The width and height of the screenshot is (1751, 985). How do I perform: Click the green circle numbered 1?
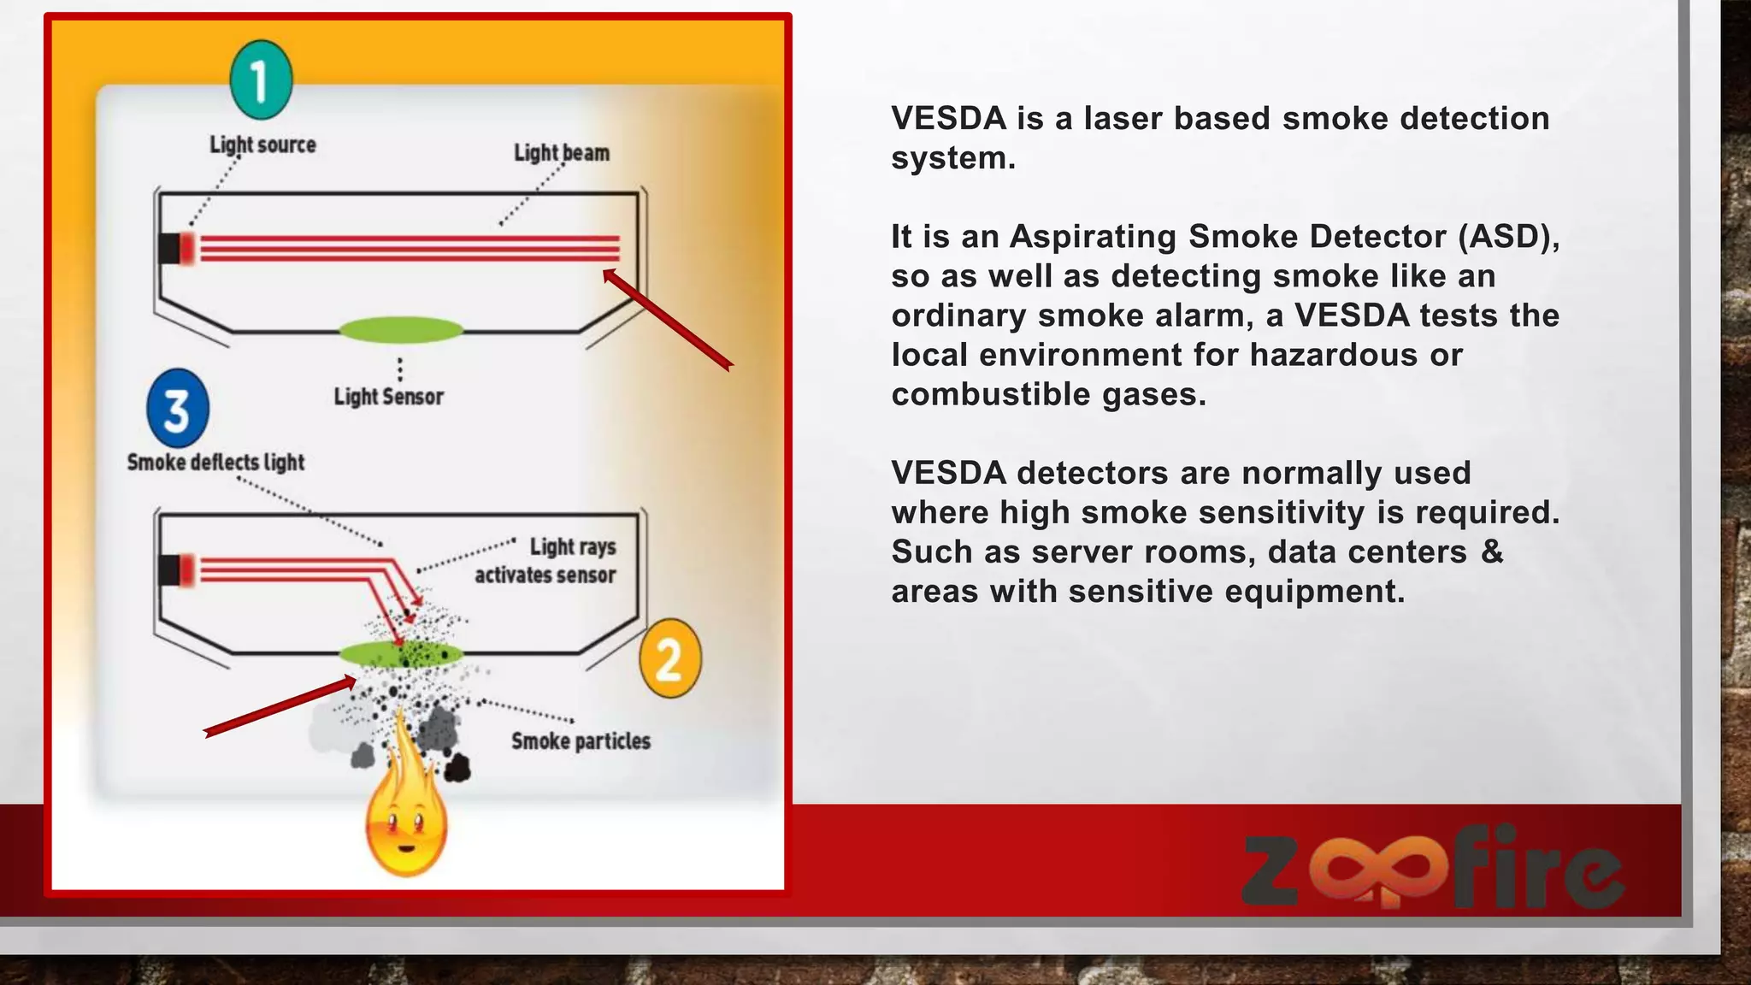coord(261,80)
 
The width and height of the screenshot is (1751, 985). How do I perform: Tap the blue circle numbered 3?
coord(177,409)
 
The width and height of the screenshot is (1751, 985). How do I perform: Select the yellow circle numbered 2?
coord(669,658)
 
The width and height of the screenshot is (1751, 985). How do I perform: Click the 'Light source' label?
coord(262,145)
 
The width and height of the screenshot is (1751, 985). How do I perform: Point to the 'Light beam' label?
coord(562,152)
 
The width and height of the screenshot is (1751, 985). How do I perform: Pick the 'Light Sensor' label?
coord(388,396)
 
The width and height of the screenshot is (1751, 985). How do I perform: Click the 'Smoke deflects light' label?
coord(215,462)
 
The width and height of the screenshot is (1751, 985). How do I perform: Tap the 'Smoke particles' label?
coord(581,740)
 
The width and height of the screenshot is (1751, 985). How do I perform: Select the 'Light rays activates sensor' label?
coord(547,560)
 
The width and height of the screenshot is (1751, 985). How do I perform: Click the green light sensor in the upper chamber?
coord(401,329)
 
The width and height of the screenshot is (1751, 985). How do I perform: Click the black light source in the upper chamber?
coord(169,248)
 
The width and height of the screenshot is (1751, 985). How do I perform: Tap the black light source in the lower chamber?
coord(169,570)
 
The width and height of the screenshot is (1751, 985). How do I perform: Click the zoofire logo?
coord(1432,865)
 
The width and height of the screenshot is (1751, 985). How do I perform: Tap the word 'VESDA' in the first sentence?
coord(948,118)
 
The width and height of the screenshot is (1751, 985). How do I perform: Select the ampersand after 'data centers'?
coord(1492,551)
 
